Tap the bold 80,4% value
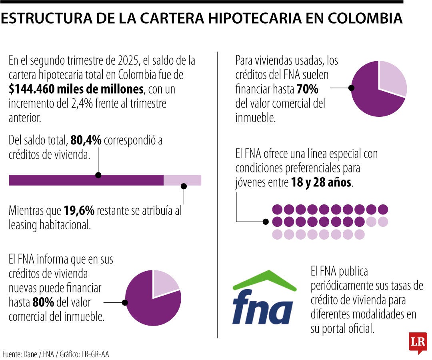point(86,140)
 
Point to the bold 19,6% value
point(79,210)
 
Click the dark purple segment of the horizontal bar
point(86,180)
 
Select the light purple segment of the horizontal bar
point(182,180)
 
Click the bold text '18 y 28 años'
point(321,182)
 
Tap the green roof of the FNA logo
point(264,279)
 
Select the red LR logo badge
point(418,342)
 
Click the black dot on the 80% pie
point(125,303)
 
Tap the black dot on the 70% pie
point(352,88)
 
